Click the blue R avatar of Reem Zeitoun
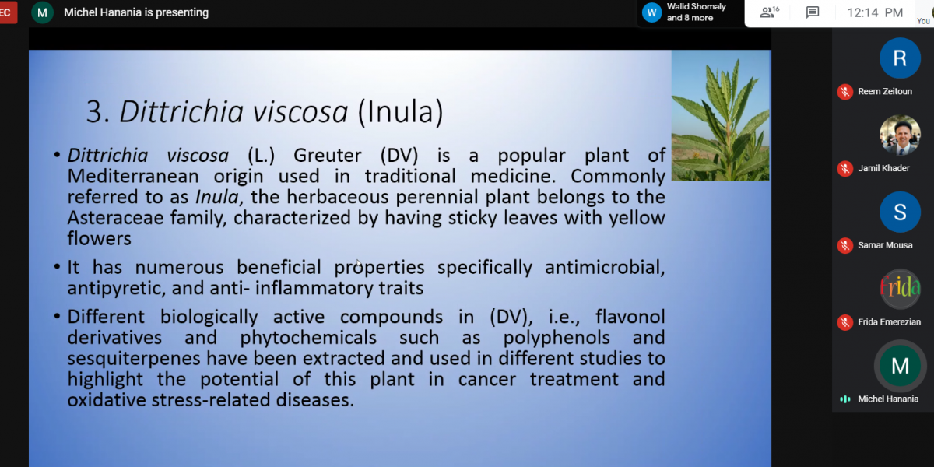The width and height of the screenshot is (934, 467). pyautogui.click(x=900, y=58)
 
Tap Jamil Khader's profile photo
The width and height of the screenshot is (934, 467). pyautogui.click(x=900, y=135)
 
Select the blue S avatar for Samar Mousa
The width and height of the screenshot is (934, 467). pyautogui.click(x=900, y=212)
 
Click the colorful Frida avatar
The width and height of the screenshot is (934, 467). pyautogui.click(x=900, y=289)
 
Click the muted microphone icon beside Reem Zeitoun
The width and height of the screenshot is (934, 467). pyautogui.click(x=845, y=92)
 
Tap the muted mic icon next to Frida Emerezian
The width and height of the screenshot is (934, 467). pyautogui.click(x=845, y=322)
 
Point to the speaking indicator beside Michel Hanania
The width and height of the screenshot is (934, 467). pyautogui.click(x=845, y=399)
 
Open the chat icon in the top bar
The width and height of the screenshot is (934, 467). pyautogui.click(x=813, y=12)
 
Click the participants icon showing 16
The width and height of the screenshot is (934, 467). pyautogui.click(x=769, y=12)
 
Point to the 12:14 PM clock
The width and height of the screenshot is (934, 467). pyautogui.click(x=875, y=13)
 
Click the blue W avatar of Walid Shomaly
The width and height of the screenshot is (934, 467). pyautogui.click(x=651, y=12)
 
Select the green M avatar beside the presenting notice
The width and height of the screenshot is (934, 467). pyautogui.click(x=42, y=12)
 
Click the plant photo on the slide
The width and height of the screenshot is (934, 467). pyautogui.click(x=721, y=115)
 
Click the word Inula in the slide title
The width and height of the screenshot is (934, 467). pyautogui.click(x=400, y=112)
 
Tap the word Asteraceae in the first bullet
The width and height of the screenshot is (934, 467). pyautogui.click(x=115, y=218)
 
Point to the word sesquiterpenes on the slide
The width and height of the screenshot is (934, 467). pyautogui.click(x=133, y=359)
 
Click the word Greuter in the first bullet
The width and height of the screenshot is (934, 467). pyautogui.click(x=328, y=156)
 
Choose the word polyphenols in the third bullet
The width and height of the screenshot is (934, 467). pyautogui.click(x=557, y=338)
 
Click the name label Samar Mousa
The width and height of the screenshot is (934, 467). pyautogui.click(x=885, y=245)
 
